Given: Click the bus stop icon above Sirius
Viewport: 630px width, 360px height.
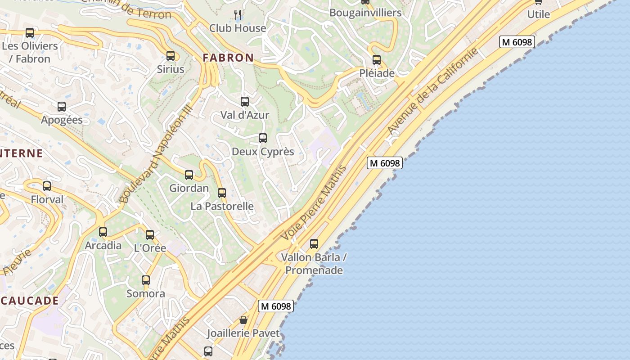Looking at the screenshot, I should [x=171, y=56].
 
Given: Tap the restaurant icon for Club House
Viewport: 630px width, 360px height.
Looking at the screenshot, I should [x=238, y=15].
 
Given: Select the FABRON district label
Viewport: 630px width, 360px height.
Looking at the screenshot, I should [x=228, y=58].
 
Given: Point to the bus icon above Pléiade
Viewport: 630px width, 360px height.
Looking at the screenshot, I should [x=377, y=60].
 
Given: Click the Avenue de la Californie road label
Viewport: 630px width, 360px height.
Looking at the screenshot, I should [x=432, y=91].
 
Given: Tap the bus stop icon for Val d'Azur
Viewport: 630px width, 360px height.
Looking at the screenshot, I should [x=245, y=102].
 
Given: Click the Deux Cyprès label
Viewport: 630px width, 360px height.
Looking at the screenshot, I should [x=263, y=152].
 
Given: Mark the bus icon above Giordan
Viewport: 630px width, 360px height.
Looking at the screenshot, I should [x=189, y=175].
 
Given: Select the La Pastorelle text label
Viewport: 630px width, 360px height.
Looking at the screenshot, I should [x=222, y=207].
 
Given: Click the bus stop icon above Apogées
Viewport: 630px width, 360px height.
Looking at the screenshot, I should [x=62, y=107].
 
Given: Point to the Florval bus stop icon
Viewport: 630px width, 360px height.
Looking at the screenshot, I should [x=47, y=186].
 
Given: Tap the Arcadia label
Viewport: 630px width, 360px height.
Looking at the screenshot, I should [x=103, y=246].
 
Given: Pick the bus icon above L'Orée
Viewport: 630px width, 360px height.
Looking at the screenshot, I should [x=150, y=235].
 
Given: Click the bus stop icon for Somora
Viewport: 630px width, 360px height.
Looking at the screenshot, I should [x=146, y=280].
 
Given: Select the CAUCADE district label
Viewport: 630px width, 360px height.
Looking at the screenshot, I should [x=30, y=301].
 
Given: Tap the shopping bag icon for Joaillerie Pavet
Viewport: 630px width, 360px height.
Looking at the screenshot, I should [x=243, y=320].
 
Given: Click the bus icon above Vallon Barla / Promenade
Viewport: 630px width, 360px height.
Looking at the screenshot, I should [x=314, y=244].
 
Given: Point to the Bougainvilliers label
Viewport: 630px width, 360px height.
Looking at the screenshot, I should [x=365, y=13].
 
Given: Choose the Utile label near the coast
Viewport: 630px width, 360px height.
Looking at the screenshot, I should [x=539, y=14].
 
